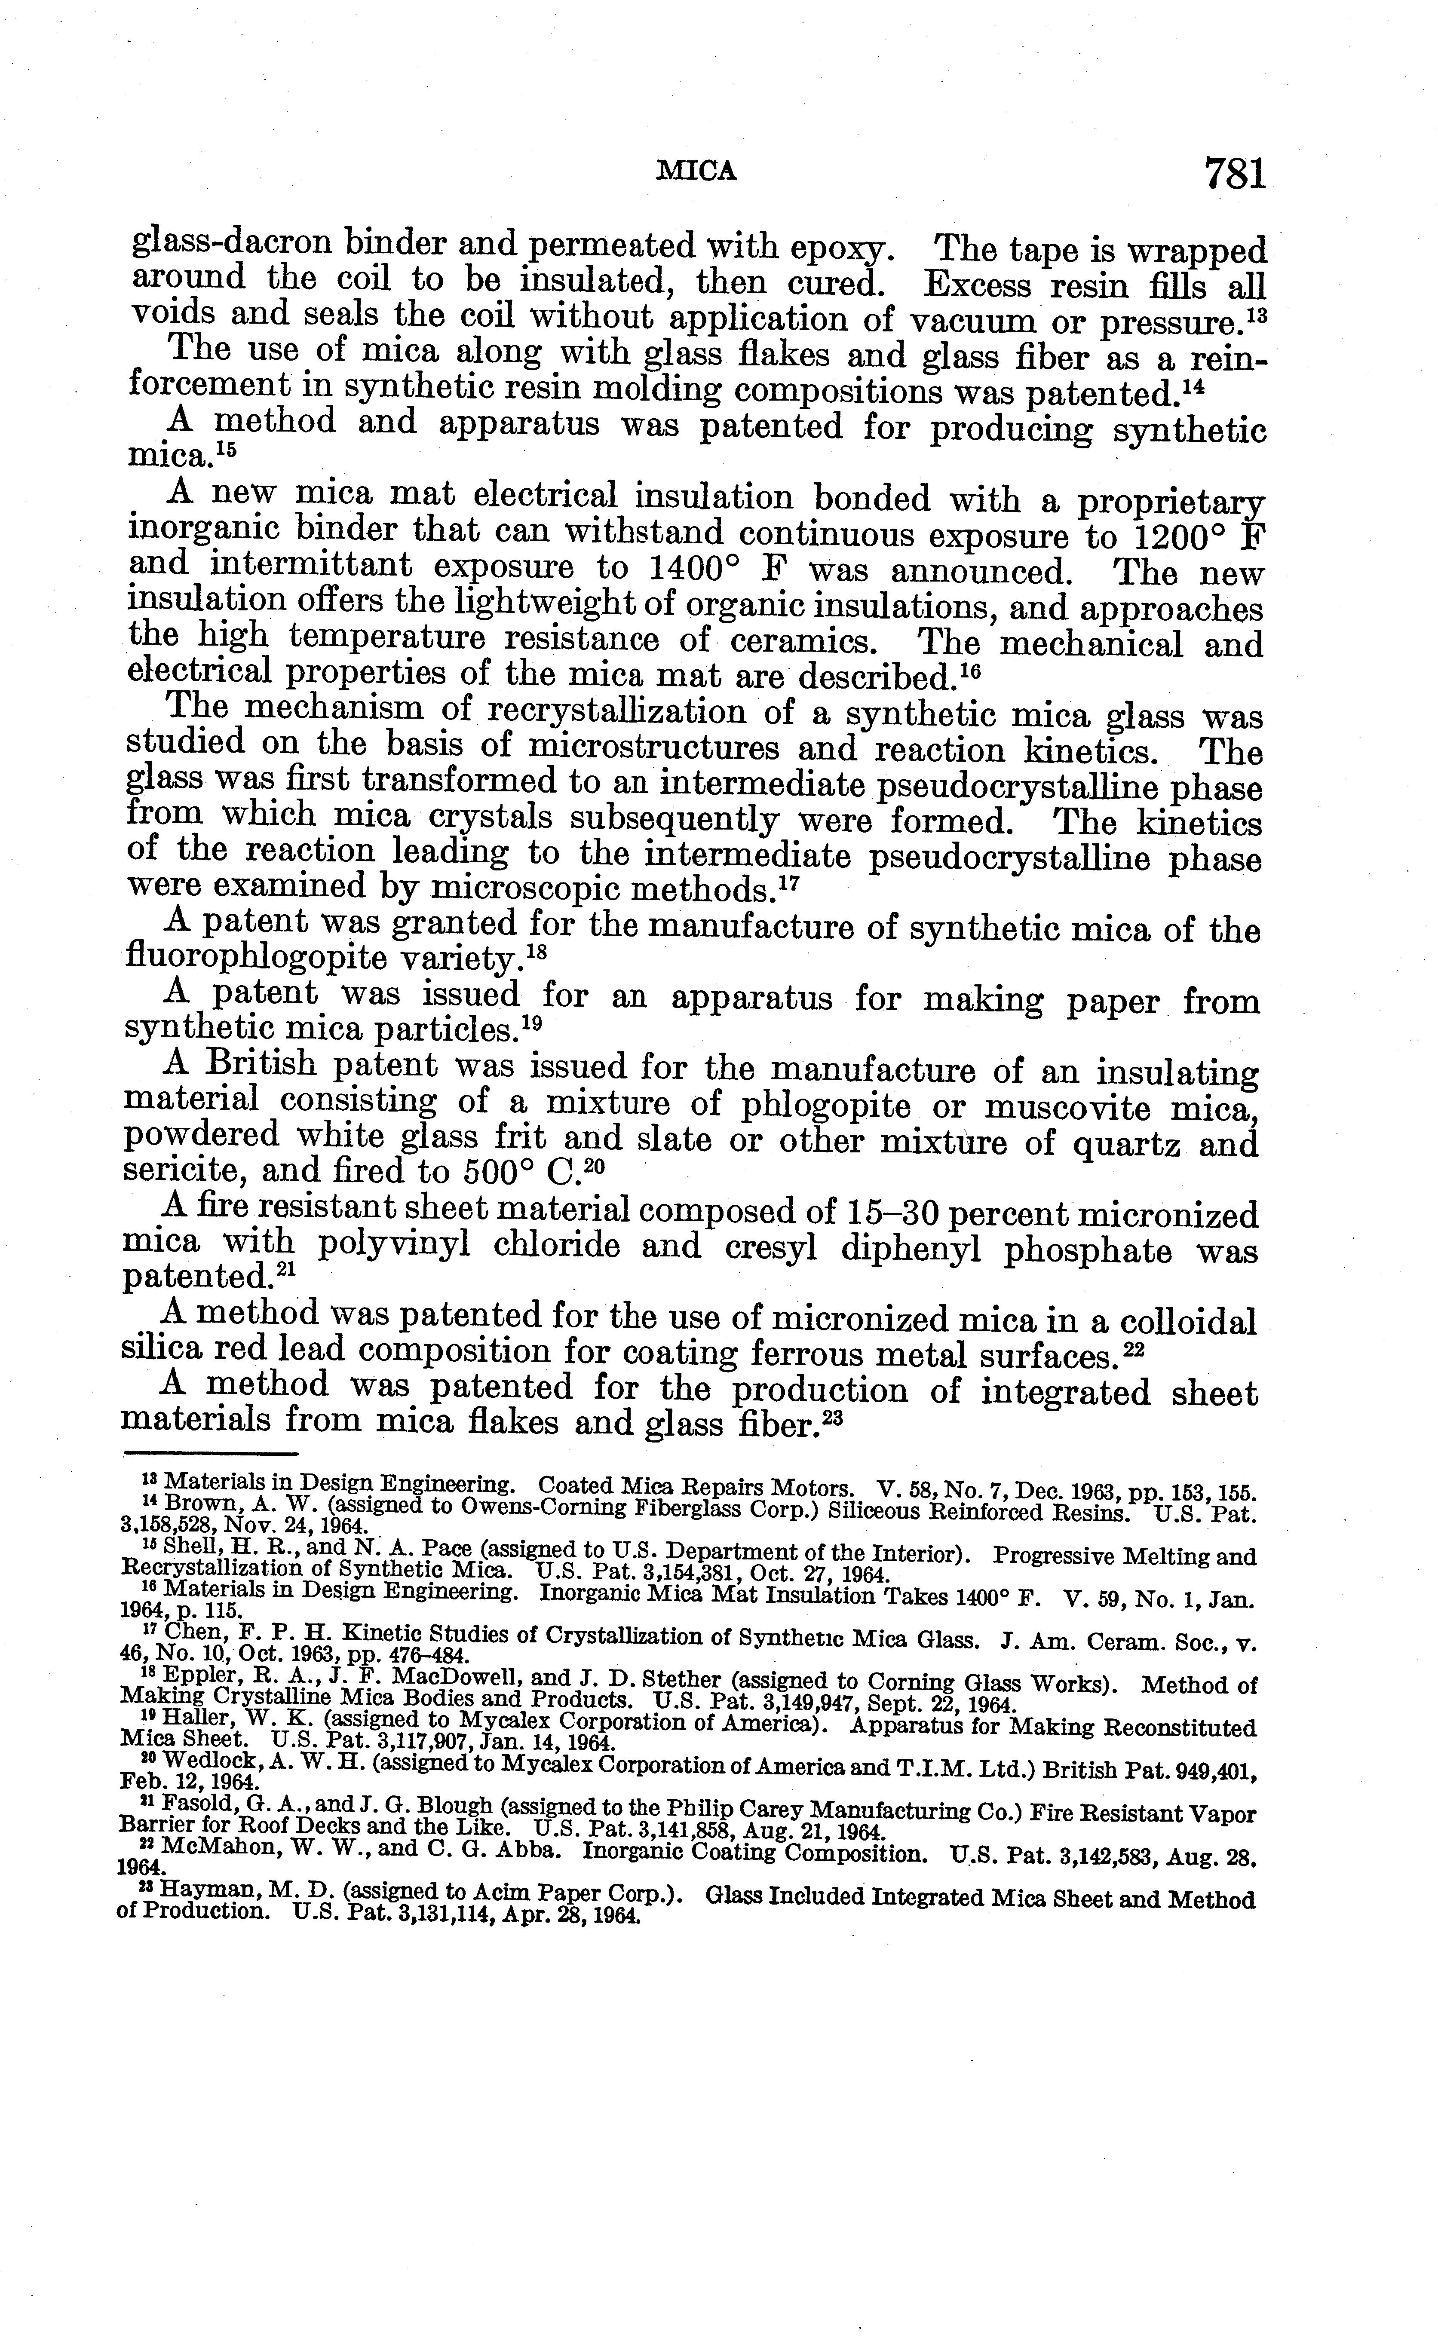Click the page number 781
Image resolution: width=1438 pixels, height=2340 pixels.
point(1235,174)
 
